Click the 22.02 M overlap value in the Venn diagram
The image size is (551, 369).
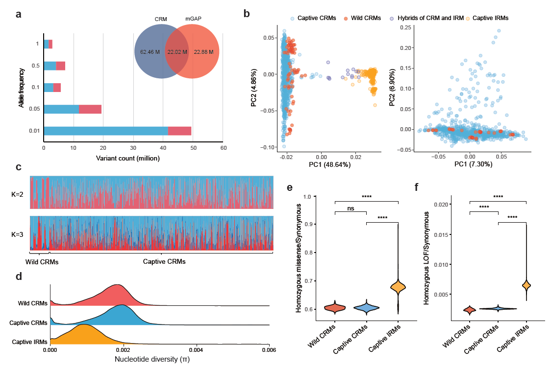click(177, 51)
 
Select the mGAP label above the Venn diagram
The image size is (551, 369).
click(193, 19)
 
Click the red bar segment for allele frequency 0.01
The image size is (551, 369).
click(179, 131)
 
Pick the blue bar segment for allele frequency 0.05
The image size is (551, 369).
click(61, 109)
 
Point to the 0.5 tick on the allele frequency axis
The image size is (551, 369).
click(37, 66)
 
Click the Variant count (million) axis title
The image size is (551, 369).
click(127, 158)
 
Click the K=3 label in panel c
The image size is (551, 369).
click(19, 235)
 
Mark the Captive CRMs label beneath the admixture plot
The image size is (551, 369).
click(164, 262)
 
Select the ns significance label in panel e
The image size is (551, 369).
click(351, 208)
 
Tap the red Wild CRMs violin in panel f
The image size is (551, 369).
click(470, 309)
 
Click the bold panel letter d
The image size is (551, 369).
click(19, 277)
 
